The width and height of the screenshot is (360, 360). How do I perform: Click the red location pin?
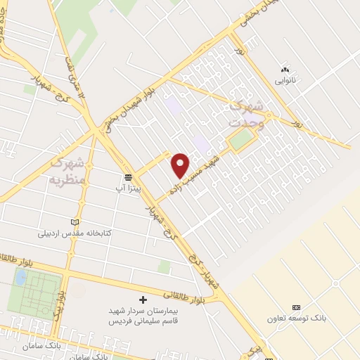pos(181,165)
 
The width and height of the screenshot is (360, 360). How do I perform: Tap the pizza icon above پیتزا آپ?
pos(128,176)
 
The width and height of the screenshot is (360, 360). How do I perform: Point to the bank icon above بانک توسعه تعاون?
pos(296,307)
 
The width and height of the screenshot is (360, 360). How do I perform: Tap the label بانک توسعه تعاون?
pos(297,319)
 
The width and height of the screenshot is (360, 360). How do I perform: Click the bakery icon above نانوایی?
pos(285,70)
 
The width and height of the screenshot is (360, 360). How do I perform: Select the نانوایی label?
pos(285,81)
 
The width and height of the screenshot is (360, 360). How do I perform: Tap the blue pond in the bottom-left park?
pos(20,277)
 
